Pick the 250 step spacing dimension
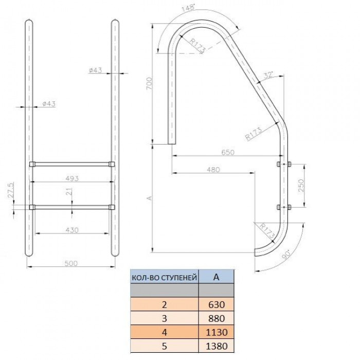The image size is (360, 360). [x=302, y=185]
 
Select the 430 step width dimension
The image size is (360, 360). [x=72, y=230]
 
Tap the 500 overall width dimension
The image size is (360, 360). [x=71, y=263]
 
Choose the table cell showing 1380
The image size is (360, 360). [x=216, y=346]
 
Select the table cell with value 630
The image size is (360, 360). [x=216, y=304]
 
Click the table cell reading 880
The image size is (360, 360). [x=216, y=318]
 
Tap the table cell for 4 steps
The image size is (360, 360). [x=164, y=332]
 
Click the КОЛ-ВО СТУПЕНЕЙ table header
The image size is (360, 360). [x=164, y=278]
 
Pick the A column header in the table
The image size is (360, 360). [x=216, y=277]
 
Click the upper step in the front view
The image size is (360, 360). [x=71, y=165]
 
